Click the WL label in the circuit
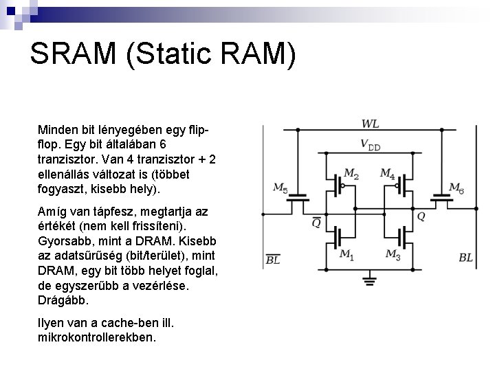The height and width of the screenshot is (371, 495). [x=370, y=124]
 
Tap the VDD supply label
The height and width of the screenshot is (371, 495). [x=370, y=146]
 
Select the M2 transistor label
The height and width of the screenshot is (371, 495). [x=351, y=174]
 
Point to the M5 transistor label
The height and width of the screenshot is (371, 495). [x=280, y=187]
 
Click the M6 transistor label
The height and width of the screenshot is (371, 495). [x=455, y=187]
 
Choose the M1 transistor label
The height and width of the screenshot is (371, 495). [x=348, y=254]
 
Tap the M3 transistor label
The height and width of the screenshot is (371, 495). [x=393, y=254]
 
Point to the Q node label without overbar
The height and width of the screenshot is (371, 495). [x=421, y=216]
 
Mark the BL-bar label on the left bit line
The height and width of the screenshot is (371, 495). [x=273, y=259]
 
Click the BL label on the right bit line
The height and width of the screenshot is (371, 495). [x=465, y=258]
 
